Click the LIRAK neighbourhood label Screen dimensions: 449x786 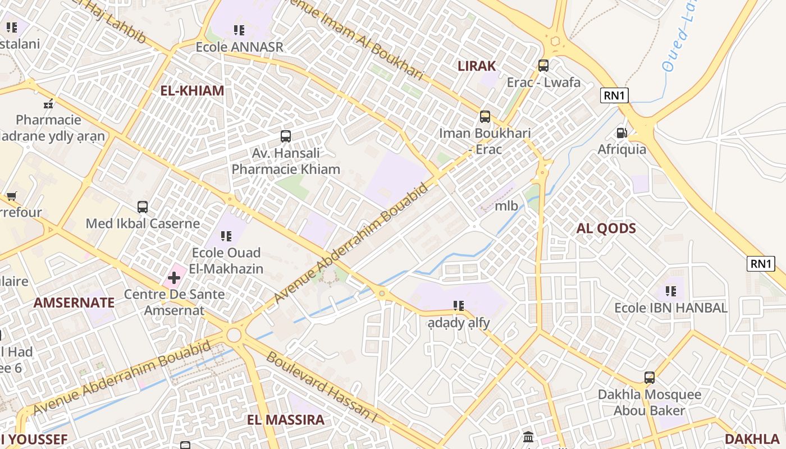[477, 66]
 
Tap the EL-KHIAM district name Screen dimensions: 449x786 [192, 90]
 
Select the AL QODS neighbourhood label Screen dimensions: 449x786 [606, 228]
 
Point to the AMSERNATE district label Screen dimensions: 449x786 [74, 303]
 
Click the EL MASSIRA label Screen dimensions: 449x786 [286, 420]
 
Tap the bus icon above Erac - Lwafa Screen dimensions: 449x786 [543, 66]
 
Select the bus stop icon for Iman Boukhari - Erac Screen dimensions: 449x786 [485, 117]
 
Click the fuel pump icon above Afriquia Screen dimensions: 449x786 [622, 133]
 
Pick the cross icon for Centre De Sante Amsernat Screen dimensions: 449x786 [174, 277]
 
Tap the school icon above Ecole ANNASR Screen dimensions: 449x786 [239, 30]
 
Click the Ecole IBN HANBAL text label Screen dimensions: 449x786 [671, 308]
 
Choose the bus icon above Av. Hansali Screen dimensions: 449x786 [286, 136]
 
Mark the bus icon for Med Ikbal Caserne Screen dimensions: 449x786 [143, 207]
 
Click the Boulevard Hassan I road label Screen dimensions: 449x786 [321, 388]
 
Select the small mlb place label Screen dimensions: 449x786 [506, 205]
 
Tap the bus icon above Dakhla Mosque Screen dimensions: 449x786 [650, 378]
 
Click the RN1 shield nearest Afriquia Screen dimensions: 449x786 [614, 95]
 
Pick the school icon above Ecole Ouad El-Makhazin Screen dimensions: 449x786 [226, 236]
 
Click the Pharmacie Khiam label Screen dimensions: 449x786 [286, 169]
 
